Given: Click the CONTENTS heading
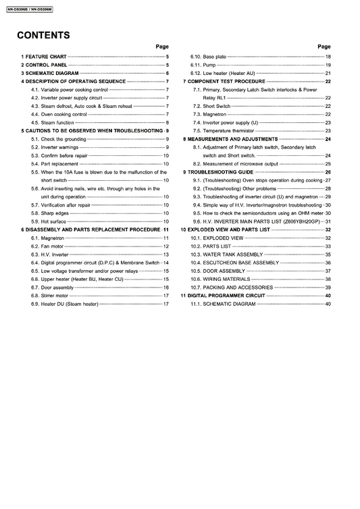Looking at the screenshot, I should (x=44, y=35).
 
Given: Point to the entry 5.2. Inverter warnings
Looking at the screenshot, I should (x=59, y=147).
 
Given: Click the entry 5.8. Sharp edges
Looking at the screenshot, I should (x=55, y=213).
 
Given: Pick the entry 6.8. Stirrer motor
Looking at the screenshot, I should (x=55, y=296).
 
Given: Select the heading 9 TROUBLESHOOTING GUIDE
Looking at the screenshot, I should (x=222, y=172).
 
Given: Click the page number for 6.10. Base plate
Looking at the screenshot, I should (x=328, y=56).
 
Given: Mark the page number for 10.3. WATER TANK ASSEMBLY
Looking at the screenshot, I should (x=328, y=254).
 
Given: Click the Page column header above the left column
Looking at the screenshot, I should (x=162, y=46).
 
